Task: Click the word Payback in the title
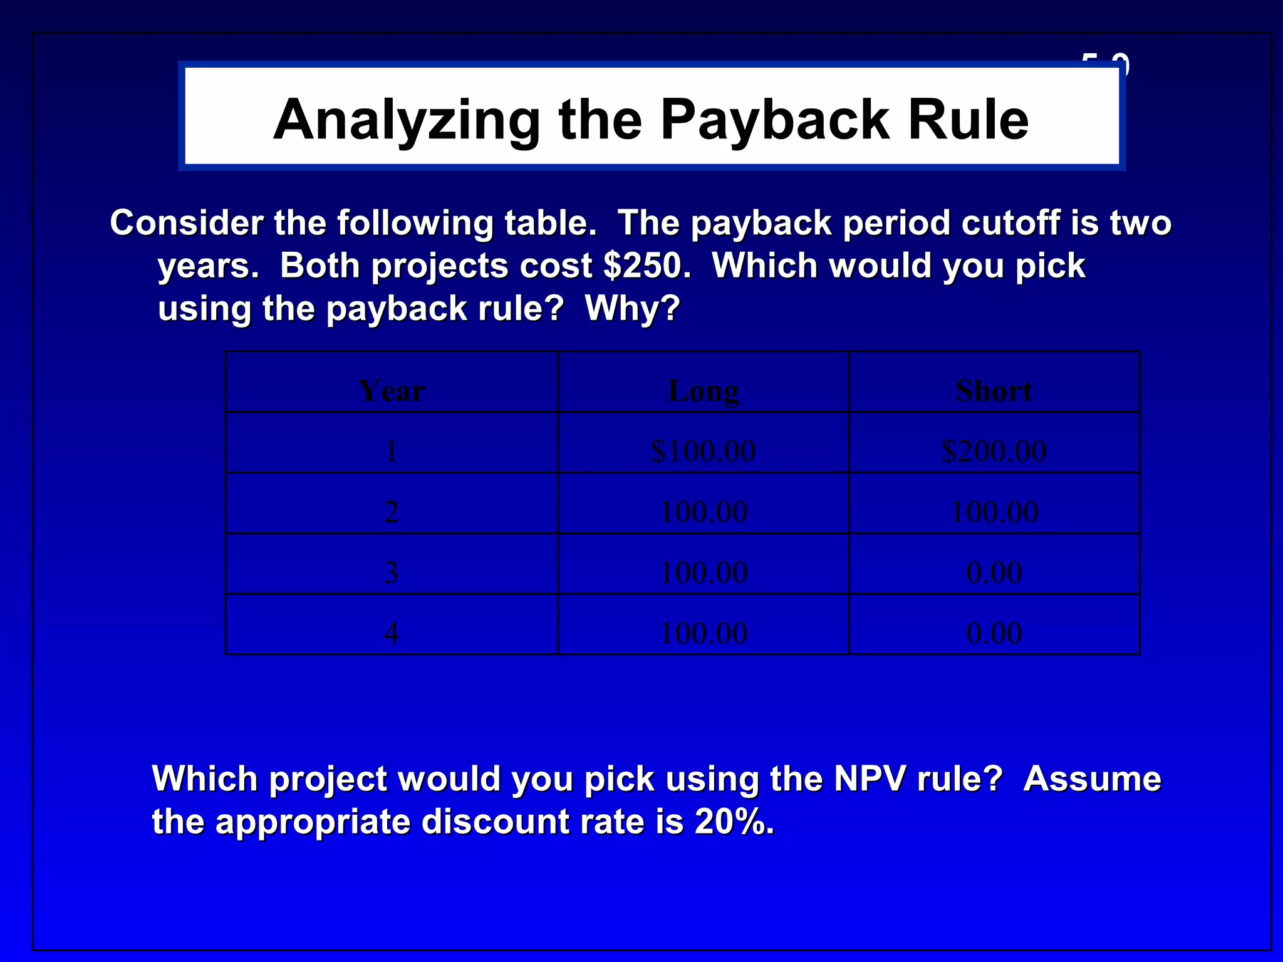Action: coord(776,120)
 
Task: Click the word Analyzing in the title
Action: coord(407,120)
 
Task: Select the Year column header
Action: coord(392,391)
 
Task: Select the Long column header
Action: coord(704,391)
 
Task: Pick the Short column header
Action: coord(994,391)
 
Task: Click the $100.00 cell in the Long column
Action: coord(704,451)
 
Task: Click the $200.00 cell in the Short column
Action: coord(994,451)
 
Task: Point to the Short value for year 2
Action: coord(994,512)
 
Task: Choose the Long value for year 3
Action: coord(704,572)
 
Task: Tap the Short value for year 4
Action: coord(994,633)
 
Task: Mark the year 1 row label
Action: coord(392,451)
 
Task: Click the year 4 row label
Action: coord(392,633)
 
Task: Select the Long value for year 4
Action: coord(704,633)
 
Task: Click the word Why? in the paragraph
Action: coord(632,308)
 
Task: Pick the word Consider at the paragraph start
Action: coord(187,223)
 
